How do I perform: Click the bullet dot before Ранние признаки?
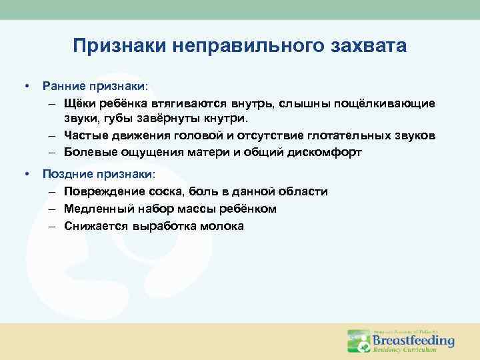(x=27, y=87)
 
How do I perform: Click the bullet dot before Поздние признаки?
(x=27, y=174)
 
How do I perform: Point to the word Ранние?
(x=63, y=87)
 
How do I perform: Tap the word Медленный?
(x=97, y=209)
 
